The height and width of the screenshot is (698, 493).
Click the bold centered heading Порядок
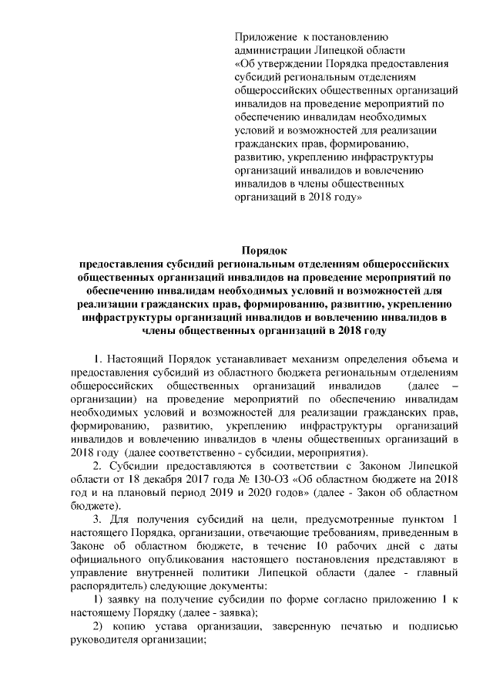[263, 250]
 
